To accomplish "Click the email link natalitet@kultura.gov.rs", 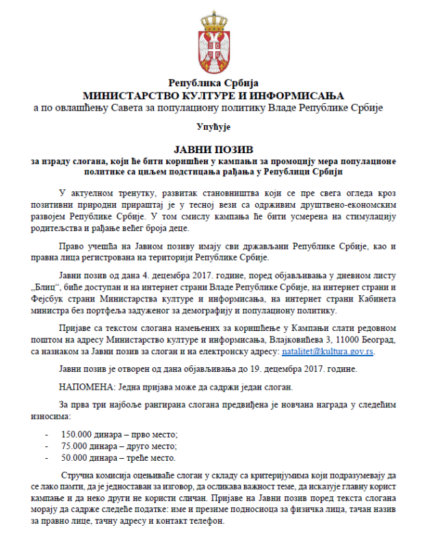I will coord(328,351).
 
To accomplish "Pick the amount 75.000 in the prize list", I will coord(75,446).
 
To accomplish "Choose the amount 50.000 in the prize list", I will coord(75,457).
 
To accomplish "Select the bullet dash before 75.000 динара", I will coord(46,446).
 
